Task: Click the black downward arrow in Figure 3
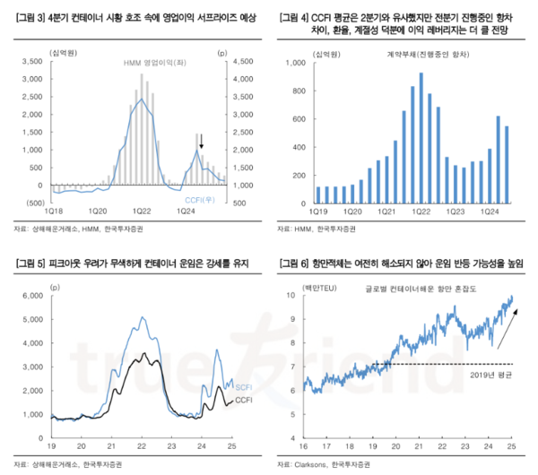pyautogui.click(x=201, y=140)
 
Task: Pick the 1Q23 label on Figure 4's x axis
pyautogui.click(x=456, y=215)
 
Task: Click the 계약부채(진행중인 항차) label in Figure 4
pyautogui.click(x=405, y=55)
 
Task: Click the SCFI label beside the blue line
pyautogui.click(x=242, y=385)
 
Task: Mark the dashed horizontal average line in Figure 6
pyautogui.click(x=430, y=365)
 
